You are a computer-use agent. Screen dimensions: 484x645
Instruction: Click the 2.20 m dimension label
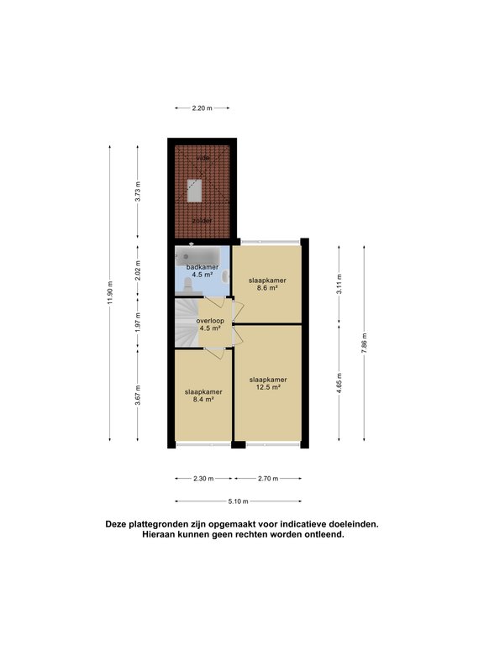click(x=202, y=108)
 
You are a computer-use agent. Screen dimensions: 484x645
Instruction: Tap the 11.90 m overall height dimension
click(x=109, y=293)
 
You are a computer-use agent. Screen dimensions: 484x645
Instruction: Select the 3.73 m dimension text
click(x=138, y=191)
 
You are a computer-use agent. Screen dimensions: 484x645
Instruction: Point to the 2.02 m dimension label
click(x=138, y=270)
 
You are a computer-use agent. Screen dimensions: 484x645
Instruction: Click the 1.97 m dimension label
click(x=138, y=322)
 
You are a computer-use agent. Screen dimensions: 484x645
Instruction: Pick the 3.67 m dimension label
click(x=138, y=395)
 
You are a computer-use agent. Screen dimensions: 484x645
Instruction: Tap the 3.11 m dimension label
click(x=339, y=284)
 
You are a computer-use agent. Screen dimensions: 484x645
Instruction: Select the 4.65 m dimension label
click(x=339, y=383)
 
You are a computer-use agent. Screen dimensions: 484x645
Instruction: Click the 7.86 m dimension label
click(x=364, y=343)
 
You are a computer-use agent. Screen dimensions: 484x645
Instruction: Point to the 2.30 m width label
click(x=203, y=479)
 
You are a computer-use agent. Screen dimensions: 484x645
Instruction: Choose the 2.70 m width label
click(x=268, y=479)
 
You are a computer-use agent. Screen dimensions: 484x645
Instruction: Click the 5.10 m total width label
click(x=239, y=501)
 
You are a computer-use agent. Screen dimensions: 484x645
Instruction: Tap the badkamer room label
click(x=202, y=267)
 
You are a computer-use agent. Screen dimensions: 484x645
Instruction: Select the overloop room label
click(x=210, y=321)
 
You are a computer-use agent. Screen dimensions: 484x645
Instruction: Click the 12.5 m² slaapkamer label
click(x=268, y=383)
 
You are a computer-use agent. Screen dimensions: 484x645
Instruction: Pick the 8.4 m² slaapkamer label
click(x=203, y=396)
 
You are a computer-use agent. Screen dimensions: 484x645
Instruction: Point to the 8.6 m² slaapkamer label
click(x=267, y=284)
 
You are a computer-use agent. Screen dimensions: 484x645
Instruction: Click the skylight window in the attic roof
click(x=194, y=191)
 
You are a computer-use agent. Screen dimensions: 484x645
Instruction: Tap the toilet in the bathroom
click(x=187, y=285)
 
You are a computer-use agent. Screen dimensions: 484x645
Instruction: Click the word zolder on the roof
click(x=202, y=221)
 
